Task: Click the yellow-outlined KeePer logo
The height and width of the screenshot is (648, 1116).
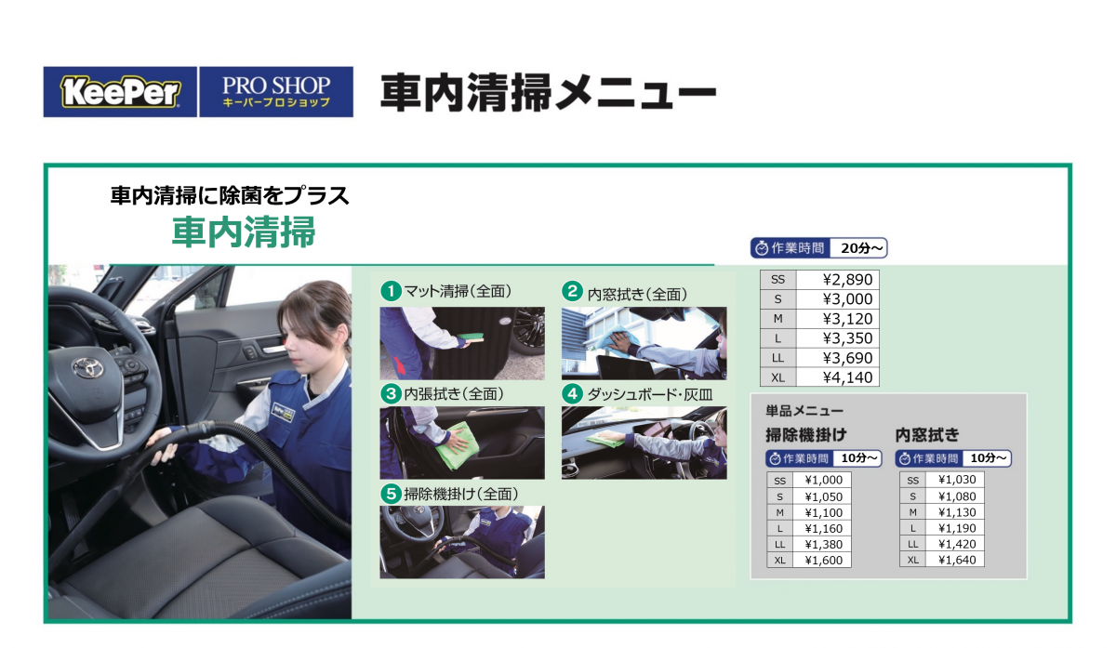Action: [120, 92]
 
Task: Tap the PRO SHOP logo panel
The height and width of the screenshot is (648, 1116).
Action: [276, 92]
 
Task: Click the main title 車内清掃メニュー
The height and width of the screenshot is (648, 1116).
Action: [548, 92]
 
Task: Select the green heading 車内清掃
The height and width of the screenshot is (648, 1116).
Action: [244, 232]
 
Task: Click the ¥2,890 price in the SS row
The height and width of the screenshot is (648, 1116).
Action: [847, 280]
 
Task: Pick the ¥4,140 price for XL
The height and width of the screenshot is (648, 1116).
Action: [847, 377]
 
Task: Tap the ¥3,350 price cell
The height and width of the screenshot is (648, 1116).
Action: [847, 338]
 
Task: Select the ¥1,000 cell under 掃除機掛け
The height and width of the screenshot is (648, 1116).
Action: [824, 480]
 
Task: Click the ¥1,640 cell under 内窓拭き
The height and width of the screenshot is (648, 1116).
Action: [957, 560]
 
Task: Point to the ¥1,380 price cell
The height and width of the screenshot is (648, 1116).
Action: [824, 545]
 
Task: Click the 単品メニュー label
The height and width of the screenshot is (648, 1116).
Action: [804, 411]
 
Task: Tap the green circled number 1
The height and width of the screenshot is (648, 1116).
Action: [392, 291]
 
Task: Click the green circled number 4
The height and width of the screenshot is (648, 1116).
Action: [573, 394]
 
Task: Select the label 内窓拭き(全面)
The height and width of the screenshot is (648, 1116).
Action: [637, 295]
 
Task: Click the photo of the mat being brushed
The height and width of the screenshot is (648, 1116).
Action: [462, 343]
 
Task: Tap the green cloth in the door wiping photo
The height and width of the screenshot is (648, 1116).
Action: [458, 445]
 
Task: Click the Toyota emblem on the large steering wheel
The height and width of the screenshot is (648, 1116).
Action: [88, 368]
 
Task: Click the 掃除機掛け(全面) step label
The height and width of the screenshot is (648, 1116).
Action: [461, 494]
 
